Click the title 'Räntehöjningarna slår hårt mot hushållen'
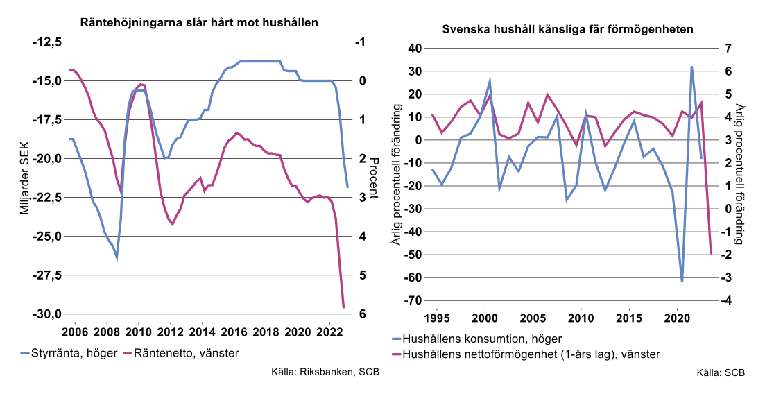click(x=199, y=22)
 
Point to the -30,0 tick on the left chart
click(x=48, y=314)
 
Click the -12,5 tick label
click(x=48, y=42)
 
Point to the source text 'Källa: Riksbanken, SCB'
click(x=325, y=373)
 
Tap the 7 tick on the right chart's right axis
click(x=729, y=49)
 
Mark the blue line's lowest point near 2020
click(x=682, y=281)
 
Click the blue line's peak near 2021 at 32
click(x=691, y=67)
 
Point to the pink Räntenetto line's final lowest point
click(x=343, y=307)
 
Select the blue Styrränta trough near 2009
click(x=117, y=257)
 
